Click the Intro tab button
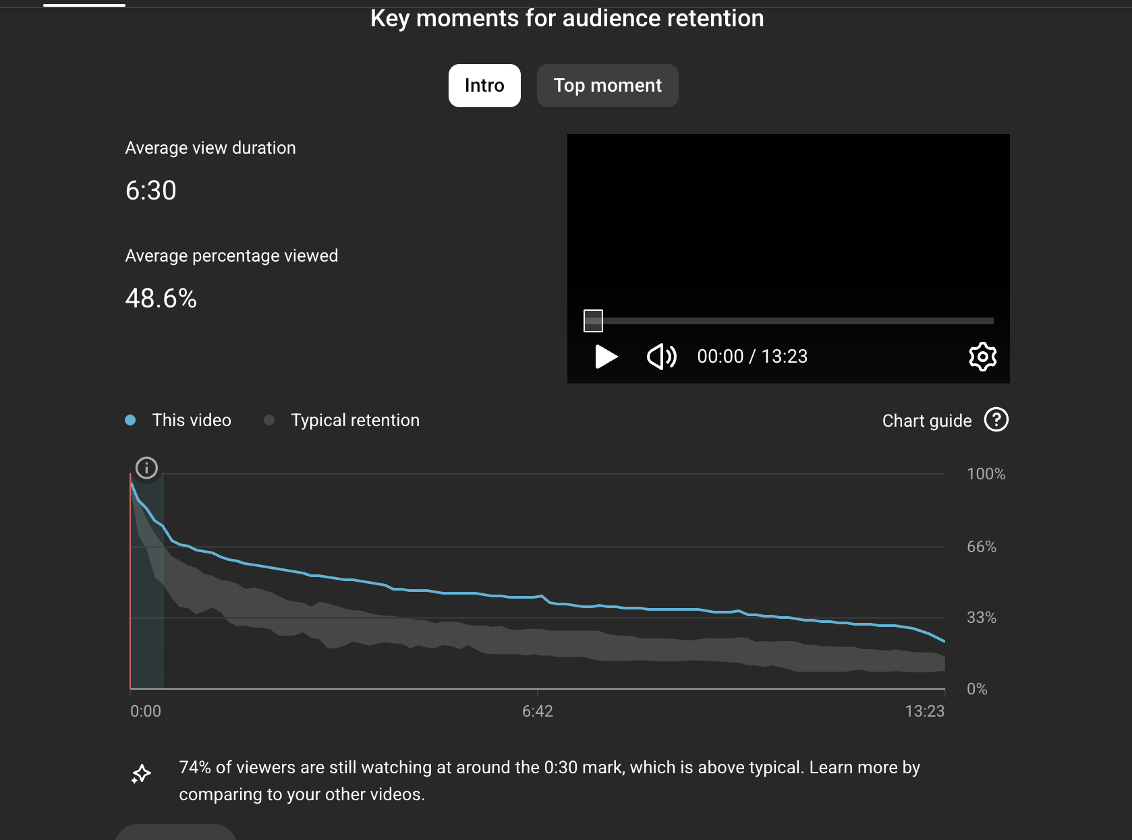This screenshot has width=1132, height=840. pyautogui.click(x=484, y=86)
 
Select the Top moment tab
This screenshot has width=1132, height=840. pyautogui.click(x=607, y=86)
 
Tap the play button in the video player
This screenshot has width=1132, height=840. pyautogui.click(x=606, y=357)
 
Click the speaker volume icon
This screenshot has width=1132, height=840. pyautogui.click(x=661, y=357)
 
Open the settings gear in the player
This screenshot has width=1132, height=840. pyautogui.click(x=982, y=357)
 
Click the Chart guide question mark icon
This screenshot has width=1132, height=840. pyautogui.click(x=996, y=420)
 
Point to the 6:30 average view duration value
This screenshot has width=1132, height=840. pyautogui.click(x=151, y=191)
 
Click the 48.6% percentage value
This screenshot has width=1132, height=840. pyautogui.click(x=161, y=299)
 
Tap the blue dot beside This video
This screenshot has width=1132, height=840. pyautogui.click(x=131, y=420)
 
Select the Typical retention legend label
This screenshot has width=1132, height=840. pyautogui.click(x=355, y=420)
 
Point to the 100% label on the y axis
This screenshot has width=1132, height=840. pyautogui.click(x=986, y=474)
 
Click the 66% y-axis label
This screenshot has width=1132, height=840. pyautogui.click(x=981, y=547)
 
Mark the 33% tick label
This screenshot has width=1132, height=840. pyautogui.click(x=981, y=618)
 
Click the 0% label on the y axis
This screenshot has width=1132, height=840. pyautogui.click(x=976, y=689)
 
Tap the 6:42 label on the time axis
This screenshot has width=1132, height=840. pyautogui.click(x=537, y=711)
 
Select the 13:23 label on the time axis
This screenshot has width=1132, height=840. pyautogui.click(x=924, y=711)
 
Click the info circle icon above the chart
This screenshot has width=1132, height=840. pyautogui.click(x=146, y=468)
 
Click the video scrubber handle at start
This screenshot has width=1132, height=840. pyautogui.click(x=593, y=321)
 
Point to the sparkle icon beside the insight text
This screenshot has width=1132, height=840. pyautogui.click(x=141, y=774)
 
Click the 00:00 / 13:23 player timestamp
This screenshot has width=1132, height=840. pyautogui.click(x=752, y=357)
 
